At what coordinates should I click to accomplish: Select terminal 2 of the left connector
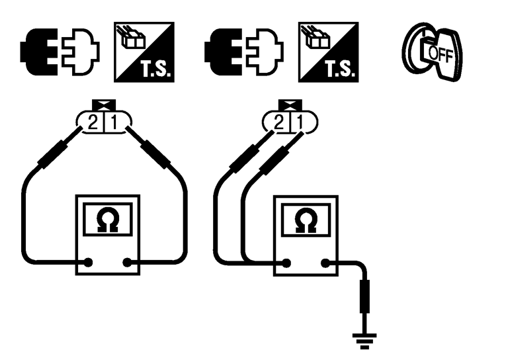(95, 120)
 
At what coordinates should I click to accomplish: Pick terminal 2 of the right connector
(280, 120)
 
